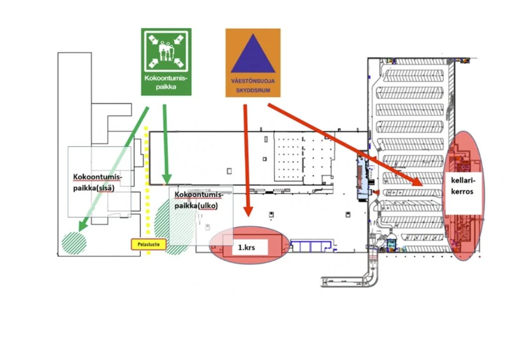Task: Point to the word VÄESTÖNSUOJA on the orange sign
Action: click(x=253, y=81)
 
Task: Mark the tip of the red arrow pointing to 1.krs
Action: click(x=248, y=215)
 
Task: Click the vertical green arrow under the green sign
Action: click(x=166, y=144)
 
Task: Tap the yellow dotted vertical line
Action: click(x=147, y=189)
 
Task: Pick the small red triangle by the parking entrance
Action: click(x=376, y=192)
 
